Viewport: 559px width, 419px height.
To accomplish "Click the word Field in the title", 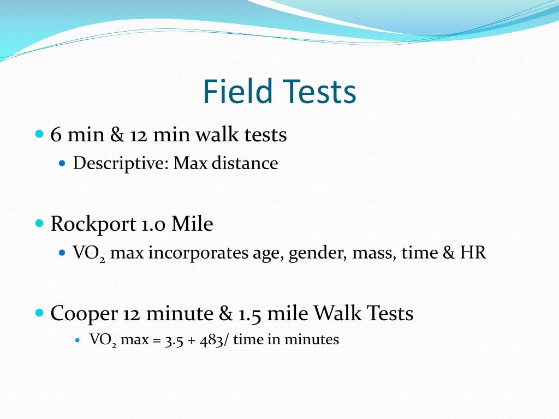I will point(237,92).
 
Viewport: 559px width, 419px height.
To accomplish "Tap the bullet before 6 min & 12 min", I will point(39,133).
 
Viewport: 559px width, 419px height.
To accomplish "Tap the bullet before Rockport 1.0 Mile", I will point(39,223).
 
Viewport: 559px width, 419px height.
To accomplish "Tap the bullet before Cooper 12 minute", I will point(39,313).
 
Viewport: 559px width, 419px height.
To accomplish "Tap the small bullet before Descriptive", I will point(62,163).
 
